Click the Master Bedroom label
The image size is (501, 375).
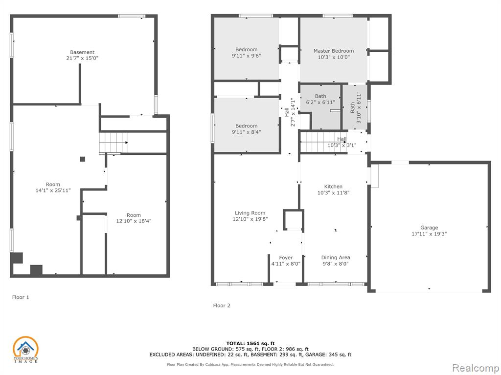click(334, 51)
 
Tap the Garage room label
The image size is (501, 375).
click(429, 228)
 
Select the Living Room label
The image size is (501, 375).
click(250, 213)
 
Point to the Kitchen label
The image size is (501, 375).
click(333, 187)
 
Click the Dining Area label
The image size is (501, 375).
click(336, 258)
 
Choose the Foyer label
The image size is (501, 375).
click(286, 258)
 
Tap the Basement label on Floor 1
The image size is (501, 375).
click(82, 52)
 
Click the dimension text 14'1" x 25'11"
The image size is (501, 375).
click(53, 191)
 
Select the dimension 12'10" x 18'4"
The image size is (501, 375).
click(134, 221)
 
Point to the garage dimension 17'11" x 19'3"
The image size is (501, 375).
click(429, 234)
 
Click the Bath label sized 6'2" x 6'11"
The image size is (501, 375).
click(320, 96)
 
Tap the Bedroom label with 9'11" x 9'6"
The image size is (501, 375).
click(247, 49)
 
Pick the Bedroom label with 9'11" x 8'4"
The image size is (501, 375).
click(247, 126)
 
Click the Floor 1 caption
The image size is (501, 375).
click(21, 297)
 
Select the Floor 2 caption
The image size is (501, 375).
click(222, 306)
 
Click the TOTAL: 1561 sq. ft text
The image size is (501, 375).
click(250, 343)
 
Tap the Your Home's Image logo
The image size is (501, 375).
click(25, 350)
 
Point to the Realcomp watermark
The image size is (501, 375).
click(475, 368)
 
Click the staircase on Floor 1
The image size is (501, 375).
click(114, 143)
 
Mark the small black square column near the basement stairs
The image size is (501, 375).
click(82, 159)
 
